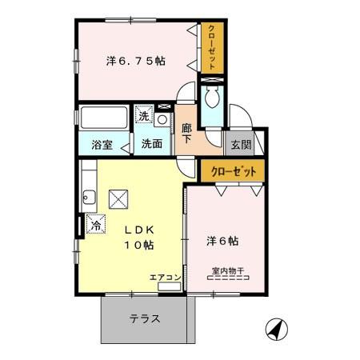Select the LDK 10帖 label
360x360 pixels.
pos(138,237)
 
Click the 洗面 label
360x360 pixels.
pos(153,145)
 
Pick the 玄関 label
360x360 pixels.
pos(241,145)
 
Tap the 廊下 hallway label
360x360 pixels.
pos(186,133)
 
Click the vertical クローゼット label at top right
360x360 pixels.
pos(212,47)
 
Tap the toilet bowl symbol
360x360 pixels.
pos(212,98)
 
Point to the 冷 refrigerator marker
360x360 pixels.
pos(95,225)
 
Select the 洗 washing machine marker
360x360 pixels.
pos(143,117)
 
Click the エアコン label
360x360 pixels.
pos(165,278)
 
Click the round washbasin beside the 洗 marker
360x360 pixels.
pos(162,120)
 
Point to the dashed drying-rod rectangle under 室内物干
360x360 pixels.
pos(229,279)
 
